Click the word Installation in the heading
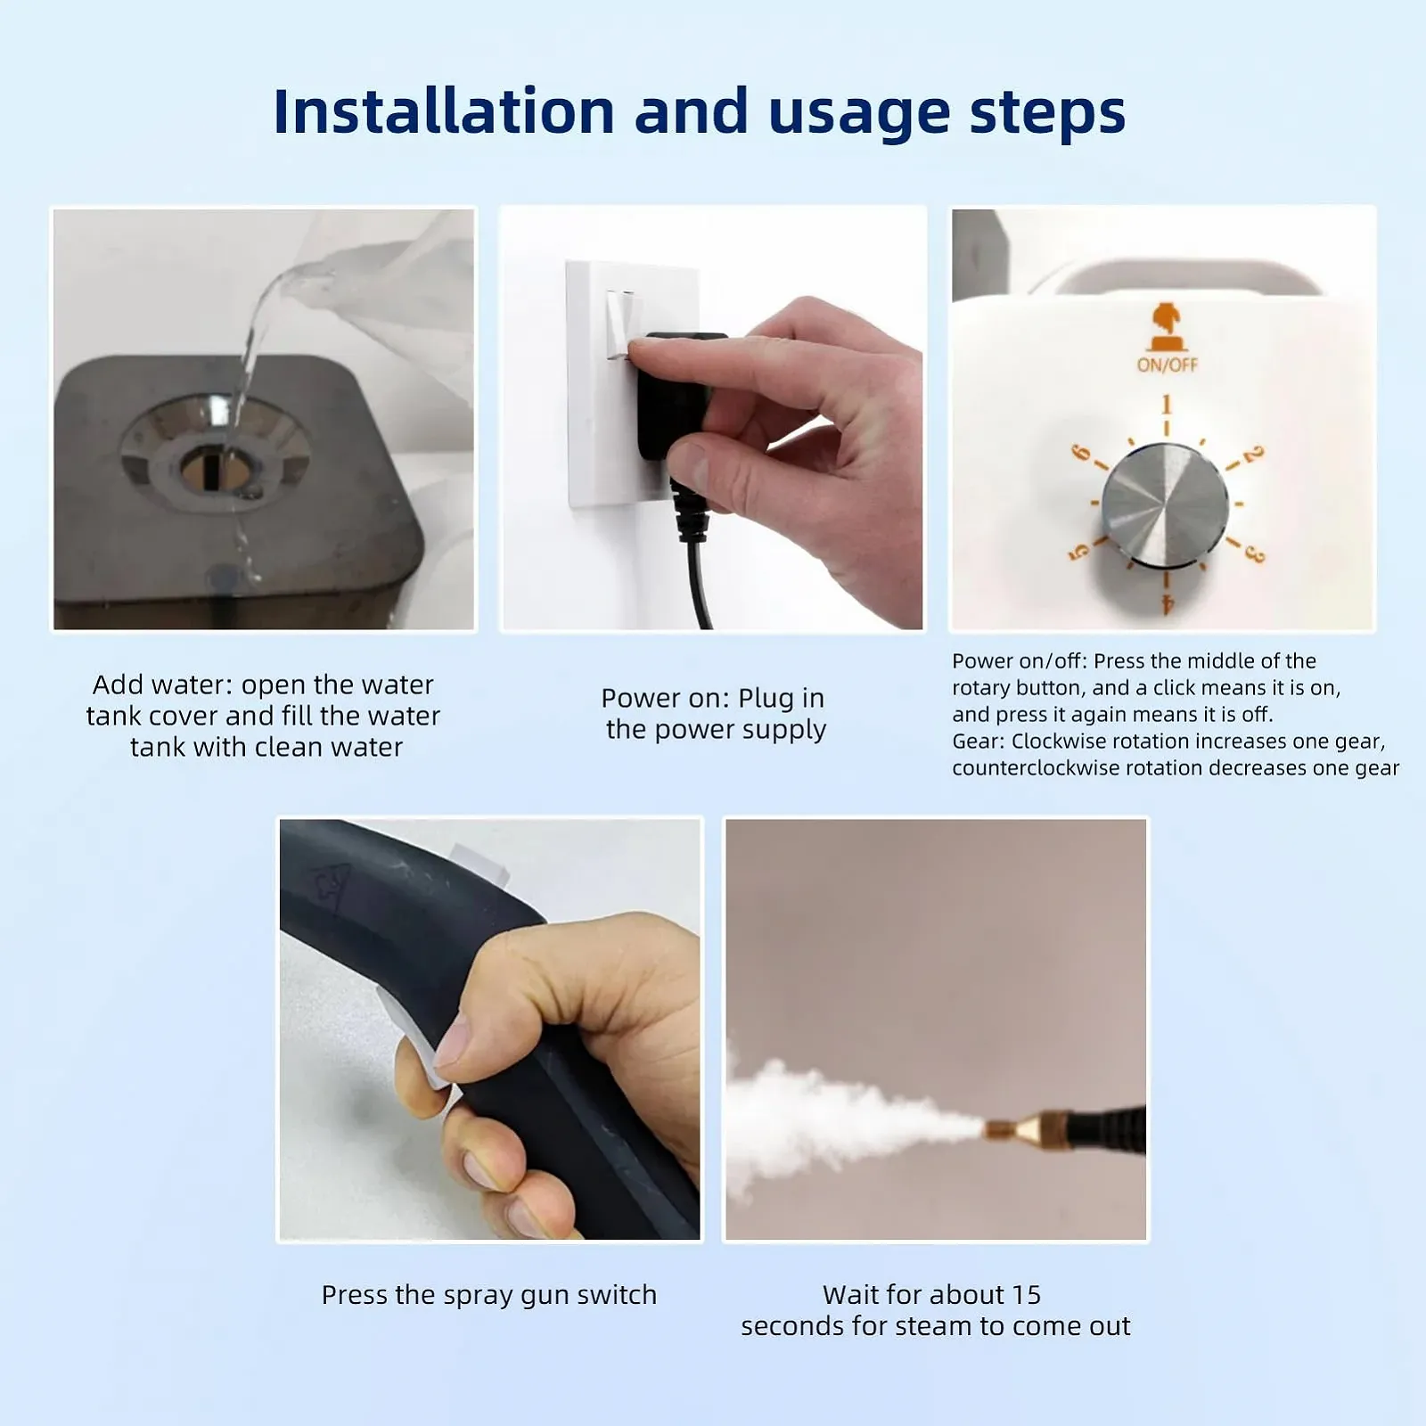444,111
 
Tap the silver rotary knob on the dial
1164,504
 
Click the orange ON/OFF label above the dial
1167,364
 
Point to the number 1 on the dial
1166,406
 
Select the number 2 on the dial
1253,455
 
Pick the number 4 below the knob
1168,604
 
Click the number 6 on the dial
1080,453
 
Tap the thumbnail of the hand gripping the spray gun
489,1029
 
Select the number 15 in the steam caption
1026,1294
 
